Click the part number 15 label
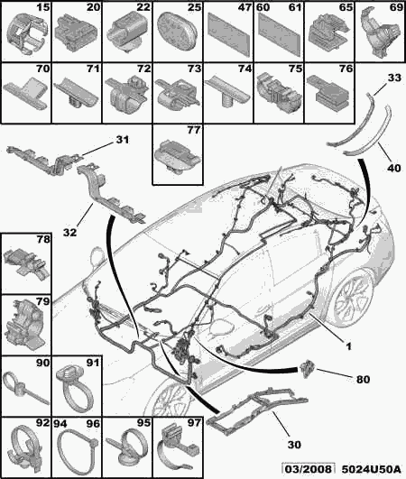tap(42, 7)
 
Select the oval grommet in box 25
tap(177, 32)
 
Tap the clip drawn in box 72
tap(127, 94)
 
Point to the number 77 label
tap(194, 130)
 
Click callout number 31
tap(122, 140)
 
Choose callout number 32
tap(69, 233)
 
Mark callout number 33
tap(394, 78)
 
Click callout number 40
tap(394, 168)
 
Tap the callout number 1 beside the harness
tap(348, 346)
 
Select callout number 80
tap(363, 380)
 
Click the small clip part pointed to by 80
tap(307, 368)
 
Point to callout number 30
tap(294, 445)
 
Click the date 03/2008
tap(309, 469)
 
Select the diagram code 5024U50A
tap(371, 469)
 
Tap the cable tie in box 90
tap(25, 387)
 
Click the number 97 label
tap(194, 422)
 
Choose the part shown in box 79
tap(25, 327)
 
